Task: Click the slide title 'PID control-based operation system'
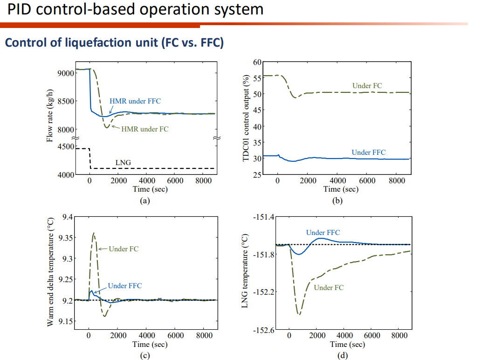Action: coord(135,9)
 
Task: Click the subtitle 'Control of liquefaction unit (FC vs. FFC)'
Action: coord(114,43)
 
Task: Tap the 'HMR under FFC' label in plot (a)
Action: coord(135,101)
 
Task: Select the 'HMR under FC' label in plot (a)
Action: coord(145,129)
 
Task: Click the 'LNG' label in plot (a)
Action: coord(123,163)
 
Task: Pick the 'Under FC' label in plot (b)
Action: coord(367,86)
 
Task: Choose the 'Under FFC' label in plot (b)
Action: coord(368,152)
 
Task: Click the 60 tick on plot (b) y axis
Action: coord(258,62)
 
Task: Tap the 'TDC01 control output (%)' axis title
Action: coord(246,118)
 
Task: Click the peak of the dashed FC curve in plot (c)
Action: coord(94,233)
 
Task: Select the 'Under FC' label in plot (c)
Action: coord(124,249)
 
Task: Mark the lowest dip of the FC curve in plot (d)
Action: coord(299,314)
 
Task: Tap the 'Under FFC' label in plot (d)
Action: coord(323,232)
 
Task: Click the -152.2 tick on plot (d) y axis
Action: coord(264,292)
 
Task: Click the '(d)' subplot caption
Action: coord(342,355)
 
